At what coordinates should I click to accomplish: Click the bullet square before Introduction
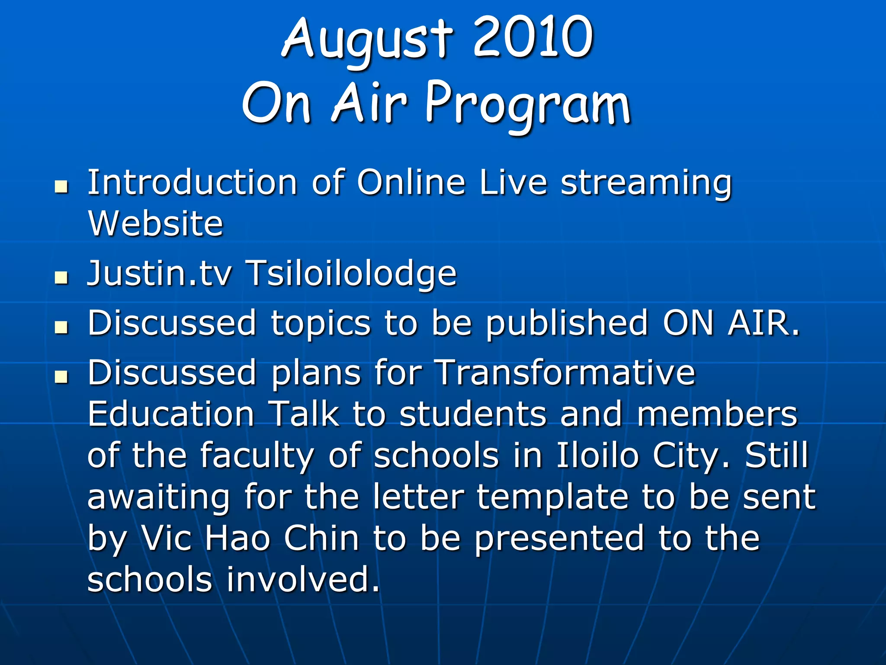click(x=62, y=187)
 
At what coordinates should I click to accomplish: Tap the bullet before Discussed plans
click(x=62, y=377)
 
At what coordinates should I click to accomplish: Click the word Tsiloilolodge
click(x=351, y=274)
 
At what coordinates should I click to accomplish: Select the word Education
click(x=171, y=414)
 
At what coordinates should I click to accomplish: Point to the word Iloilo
click(x=597, y=455)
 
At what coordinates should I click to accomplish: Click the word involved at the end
click(x=303, y=580)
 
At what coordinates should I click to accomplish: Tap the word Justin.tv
click(x=160, y=274)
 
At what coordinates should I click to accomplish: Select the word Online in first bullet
click(x=411, y=183)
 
